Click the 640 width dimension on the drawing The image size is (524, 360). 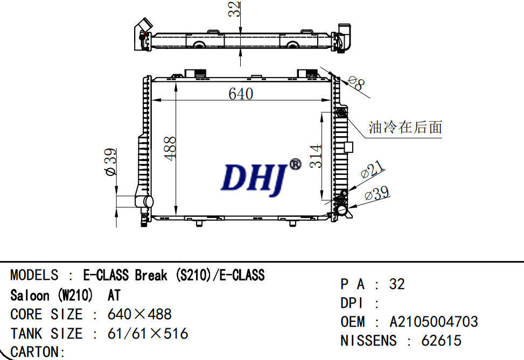tap(241, 94)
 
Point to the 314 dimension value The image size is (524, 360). tap(316, 156)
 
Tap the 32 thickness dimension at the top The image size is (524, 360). tap(233, 10)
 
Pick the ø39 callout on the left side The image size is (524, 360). tap(110, 162)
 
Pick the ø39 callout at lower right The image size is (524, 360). tap(377, 194)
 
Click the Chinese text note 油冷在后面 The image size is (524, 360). tap(405, 128)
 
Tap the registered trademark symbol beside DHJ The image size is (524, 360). tap(295, 164)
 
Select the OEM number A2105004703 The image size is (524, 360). tap(434, 322)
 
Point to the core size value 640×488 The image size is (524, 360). tap(139, 314)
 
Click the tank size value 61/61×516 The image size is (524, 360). tap(148, 334)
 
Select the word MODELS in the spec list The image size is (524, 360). tap(34, 276)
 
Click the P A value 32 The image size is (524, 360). tap(396, 284)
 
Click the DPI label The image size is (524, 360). tap(353, 303)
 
